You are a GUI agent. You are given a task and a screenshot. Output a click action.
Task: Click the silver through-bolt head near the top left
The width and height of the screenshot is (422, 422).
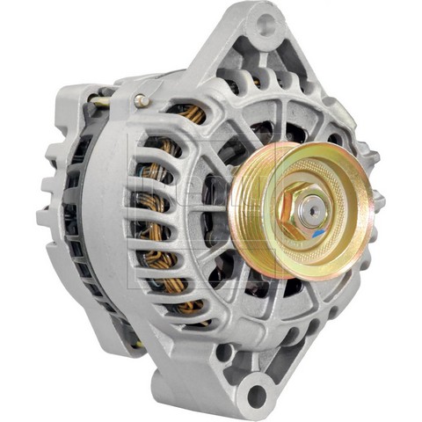click(142, 100)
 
